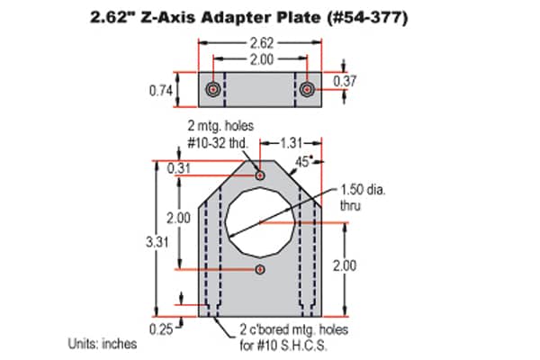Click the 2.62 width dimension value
tap(262, 43)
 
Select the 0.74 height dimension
tap(161, 90)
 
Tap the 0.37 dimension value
tap(345, 81)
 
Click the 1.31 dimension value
tap(292, 143)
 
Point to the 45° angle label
tap(304, 161)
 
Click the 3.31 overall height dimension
tap(157, 242)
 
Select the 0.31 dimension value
tap(178, 168)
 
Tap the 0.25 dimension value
tap(161, 329)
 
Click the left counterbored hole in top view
tap(213, 90)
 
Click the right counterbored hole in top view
tap(307, 90)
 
